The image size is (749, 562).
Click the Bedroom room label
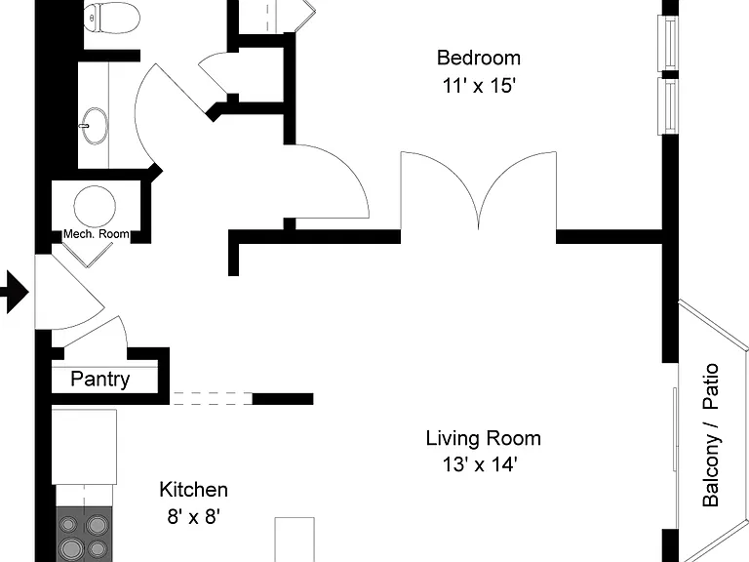click(479, 58)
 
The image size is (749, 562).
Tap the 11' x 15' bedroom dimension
click(479, 86)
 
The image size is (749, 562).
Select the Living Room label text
click(484, 438)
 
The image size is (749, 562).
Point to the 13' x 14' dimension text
click(480, 464)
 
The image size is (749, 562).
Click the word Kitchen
click(193, 490)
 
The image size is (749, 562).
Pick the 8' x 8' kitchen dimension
click(193, 516)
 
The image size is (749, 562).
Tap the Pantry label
click(100, 379)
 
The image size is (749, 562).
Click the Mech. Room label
click(97, 234)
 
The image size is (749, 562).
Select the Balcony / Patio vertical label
click(710, 435)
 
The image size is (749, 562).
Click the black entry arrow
click(15, 292)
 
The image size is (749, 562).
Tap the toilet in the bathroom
click(112, 18)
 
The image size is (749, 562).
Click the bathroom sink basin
click(94, 126)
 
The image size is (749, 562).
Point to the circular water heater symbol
click(95, 207)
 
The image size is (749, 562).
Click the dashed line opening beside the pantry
click(211, 398)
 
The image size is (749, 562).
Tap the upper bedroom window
click(668, 44)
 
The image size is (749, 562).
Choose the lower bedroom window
click(668, 106)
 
